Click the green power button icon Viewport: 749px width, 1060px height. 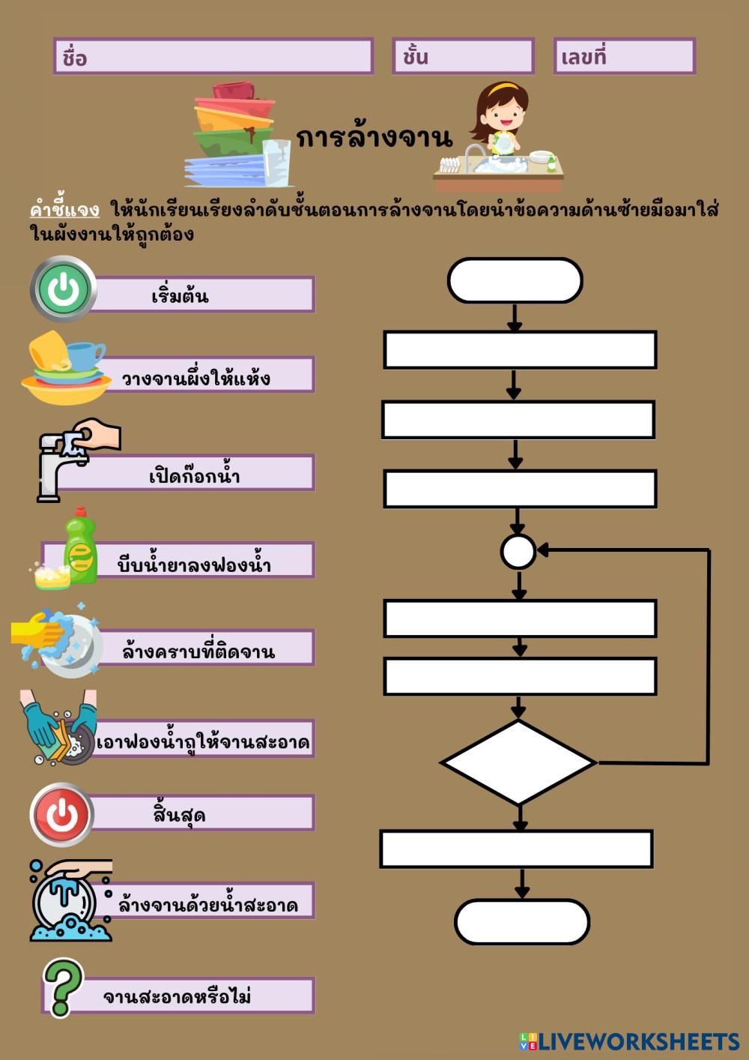click(x=64, y=289)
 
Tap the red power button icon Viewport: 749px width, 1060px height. click(x=62, y=814)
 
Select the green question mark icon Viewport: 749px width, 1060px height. click(x=62, y=987)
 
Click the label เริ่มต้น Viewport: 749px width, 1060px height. click(x=181, y=295)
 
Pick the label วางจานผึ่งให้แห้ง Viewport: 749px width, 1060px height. click(x=196, y=377)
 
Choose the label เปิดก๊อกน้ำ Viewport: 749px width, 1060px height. click(x=194, y=475)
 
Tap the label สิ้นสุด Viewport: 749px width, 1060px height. click(x=180, y=813)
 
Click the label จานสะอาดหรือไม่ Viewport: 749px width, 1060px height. click(x=178, y=996)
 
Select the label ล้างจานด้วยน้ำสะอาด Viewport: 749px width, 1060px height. click(x=208, y=904)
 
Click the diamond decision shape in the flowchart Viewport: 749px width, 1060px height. click(x=518, y=762)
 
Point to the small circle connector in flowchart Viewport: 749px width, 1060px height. click(x=518, y=552)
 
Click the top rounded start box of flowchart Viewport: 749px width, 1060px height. click(x=515, y=281)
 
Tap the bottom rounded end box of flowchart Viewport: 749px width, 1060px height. click(x=521, y=921)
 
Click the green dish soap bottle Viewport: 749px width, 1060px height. click(x=81, y=546)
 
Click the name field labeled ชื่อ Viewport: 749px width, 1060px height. click(x=213, y=56)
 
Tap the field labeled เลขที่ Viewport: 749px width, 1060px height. click(x=624, y=56)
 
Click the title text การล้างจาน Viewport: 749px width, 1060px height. click(x=374, y=137)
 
